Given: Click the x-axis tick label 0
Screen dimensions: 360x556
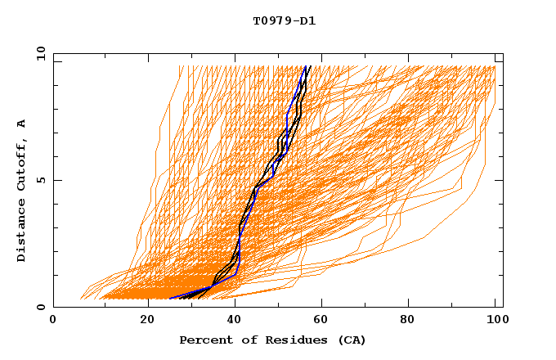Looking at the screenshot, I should click(x=53, y=321).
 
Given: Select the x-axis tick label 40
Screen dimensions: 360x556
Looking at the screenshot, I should click(x=235, y=321).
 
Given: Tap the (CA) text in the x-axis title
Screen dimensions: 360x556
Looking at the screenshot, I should click(x=351, y=340).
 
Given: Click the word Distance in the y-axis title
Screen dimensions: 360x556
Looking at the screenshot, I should click(x=22, y=232).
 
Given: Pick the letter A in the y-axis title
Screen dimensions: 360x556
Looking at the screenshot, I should click(x=22, y=124).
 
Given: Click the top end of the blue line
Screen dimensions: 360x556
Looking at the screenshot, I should click(x=305, y=66).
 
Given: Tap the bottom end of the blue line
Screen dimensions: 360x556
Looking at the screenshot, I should click(x=169, y=299).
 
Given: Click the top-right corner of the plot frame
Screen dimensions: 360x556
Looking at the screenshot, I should click(x=503, y=54).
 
